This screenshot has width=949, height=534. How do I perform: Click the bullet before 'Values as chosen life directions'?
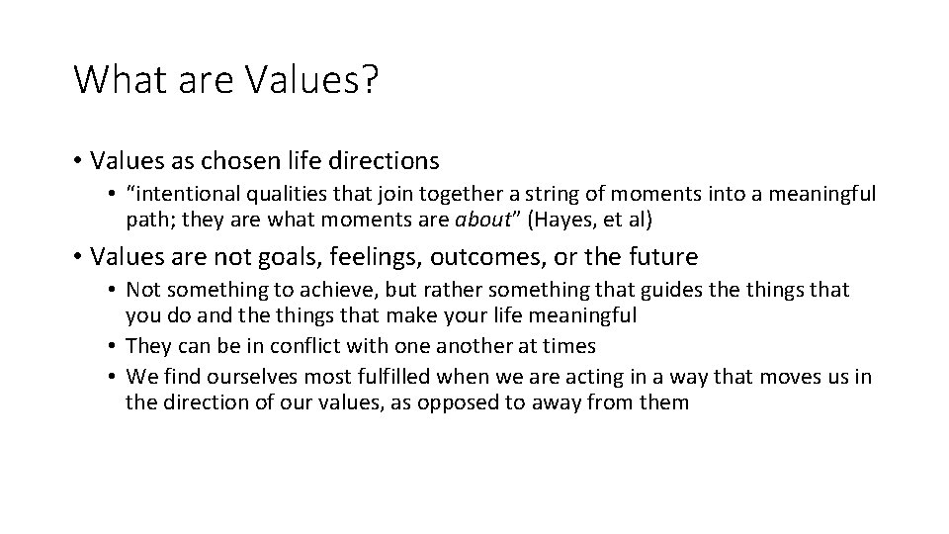point(76,159)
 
